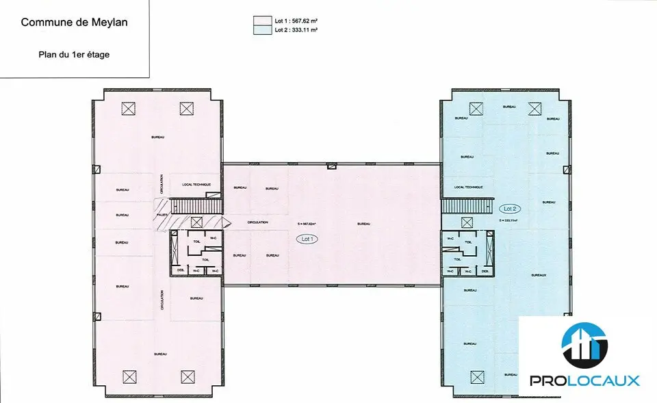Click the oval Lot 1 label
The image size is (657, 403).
pos(307,239)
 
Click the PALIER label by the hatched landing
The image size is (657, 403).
pos(162,215)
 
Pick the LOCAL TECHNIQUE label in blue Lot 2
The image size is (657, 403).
pos(469,187)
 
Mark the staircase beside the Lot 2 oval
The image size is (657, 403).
pos(466,205)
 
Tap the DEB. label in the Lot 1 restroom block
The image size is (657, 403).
pos(181,271)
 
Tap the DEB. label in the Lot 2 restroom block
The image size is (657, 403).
pos(485,272)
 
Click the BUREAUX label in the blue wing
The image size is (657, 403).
pos(539,274)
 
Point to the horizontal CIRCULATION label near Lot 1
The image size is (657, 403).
pos(258,222)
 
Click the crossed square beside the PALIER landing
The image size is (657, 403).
pos(196,222)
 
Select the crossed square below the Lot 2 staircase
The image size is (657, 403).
pos(467,222)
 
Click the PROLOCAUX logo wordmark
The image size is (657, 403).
pos(584,380)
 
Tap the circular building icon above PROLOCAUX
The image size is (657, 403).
pos(584,345)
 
